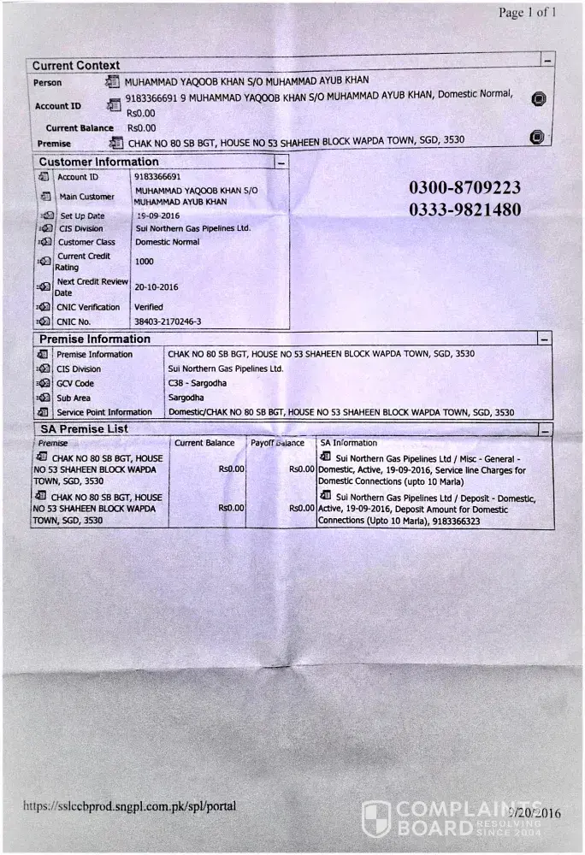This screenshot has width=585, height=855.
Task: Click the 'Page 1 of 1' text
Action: coord(528,13)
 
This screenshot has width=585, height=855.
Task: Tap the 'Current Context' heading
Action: coord(76,65)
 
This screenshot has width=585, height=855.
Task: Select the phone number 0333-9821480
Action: coord(464,209)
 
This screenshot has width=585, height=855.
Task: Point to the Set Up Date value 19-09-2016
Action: coord(158,216)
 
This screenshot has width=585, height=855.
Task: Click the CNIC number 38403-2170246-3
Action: coord(168,321)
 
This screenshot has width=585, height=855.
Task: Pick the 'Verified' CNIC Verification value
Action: coord(149,307)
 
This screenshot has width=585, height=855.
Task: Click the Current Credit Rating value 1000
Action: coord(145,262)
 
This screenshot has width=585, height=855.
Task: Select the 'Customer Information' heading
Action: coord(98,162)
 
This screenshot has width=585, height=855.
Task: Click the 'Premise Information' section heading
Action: coord(95,339)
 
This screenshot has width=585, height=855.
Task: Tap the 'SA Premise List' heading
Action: coord(84,428)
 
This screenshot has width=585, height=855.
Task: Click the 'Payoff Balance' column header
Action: coord(278,443)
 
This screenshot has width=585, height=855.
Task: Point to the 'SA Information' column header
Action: coord(348,443)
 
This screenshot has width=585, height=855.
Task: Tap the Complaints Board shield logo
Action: coord(376,818)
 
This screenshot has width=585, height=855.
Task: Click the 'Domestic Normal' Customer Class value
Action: coord(167,242)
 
